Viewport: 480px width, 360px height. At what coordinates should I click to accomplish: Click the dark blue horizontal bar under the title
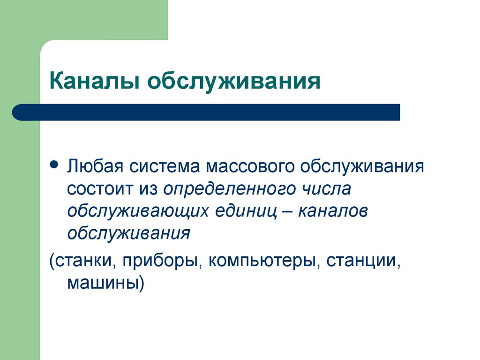(x=206, y=112)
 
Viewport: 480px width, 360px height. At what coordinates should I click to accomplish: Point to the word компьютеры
(x=262, y=261)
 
